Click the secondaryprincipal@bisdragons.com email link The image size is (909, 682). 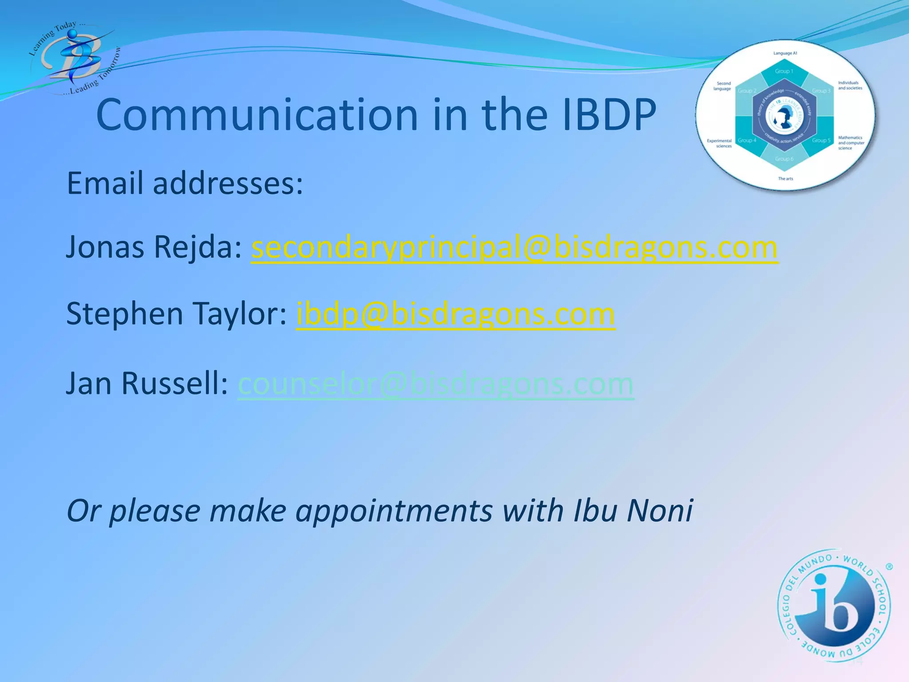point(514,247)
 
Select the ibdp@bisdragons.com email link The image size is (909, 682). point(455,314)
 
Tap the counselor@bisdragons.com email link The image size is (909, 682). point(436,384)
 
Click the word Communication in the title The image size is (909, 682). point(257,115)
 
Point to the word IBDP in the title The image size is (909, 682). point(609,115)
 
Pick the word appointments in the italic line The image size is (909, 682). point(394,511)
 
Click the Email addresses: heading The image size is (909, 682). point(185,183)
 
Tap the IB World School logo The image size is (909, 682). point(834,606)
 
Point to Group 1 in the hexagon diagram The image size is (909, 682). point(784,71)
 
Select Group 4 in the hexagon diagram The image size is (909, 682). point(747,140)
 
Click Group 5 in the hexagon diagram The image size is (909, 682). point(821,140)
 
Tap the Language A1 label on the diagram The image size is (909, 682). point(785,53)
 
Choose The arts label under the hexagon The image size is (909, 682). point(785,178)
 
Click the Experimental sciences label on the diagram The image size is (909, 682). point(719,143)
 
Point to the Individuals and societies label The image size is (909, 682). point(850,85)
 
